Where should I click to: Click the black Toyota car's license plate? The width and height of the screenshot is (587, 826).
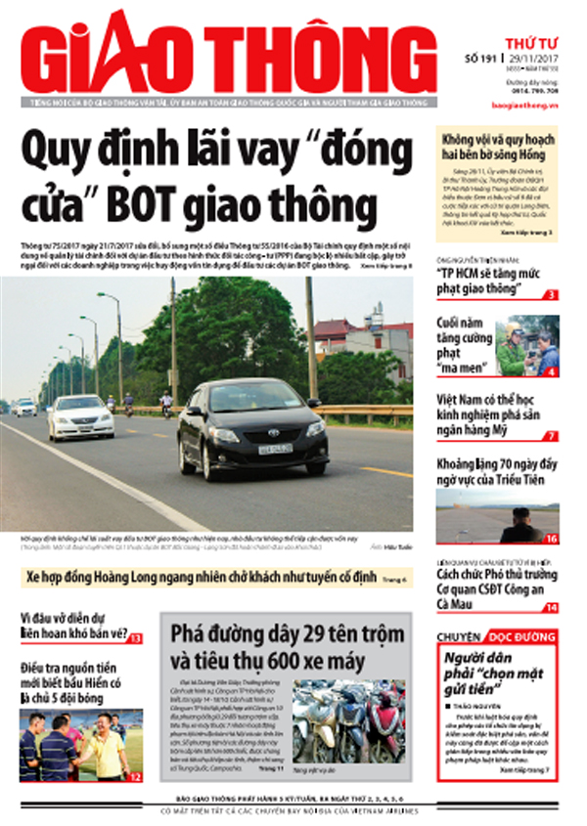pos(275,448)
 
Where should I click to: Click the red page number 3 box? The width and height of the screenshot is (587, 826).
pos(552,294)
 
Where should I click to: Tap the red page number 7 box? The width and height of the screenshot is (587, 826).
pos(552,436)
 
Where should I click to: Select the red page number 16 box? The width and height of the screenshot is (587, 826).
pos(551,539)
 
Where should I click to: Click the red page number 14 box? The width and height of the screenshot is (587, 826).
pos(551,607)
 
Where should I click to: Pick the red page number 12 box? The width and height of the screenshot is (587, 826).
pos(135,776)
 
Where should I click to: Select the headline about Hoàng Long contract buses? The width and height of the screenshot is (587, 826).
pos(202,579)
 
